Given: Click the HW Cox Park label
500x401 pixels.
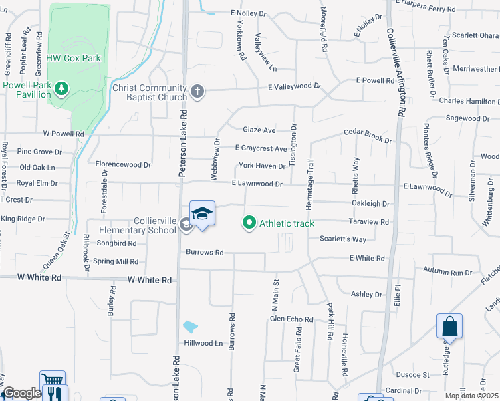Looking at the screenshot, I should (x=74, y=58).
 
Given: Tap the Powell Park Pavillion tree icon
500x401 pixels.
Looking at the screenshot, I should (x=61, y=88).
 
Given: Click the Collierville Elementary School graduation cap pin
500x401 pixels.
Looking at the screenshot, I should (x=202, y=215).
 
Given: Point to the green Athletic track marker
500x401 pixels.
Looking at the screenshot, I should (x=249, y=222).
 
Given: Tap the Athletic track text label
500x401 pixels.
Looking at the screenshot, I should (x=286, y=223).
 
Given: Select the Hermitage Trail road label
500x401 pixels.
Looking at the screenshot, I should (x=310, y=176).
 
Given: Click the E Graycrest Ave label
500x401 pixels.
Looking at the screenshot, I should (x=261, y=148).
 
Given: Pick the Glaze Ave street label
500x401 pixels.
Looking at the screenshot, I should (x=259, y=130).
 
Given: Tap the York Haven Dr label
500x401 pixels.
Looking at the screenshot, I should (x=263, y=166).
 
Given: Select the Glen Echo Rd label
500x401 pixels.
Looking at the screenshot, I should (x=291, y=319).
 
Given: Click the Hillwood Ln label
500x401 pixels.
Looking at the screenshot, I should (x=203, y=343).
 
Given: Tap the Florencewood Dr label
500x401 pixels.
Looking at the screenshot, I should (x=124, y=164).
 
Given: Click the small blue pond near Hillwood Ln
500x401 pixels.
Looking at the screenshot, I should (x=190, y=327).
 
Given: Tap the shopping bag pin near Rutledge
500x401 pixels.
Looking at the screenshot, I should (x=449, y=327).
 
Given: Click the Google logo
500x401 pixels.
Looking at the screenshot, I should (x=21, y=394).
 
